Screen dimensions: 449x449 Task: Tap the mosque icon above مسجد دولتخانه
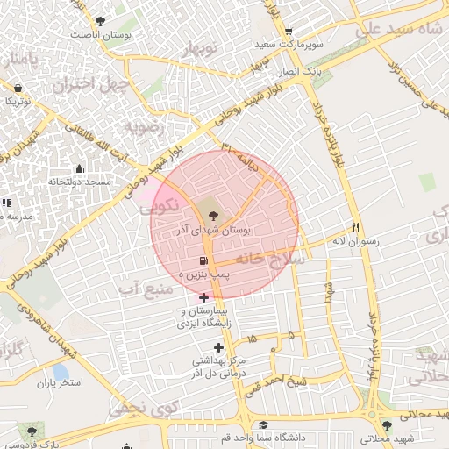(80, 169)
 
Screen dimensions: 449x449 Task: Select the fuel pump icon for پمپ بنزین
(203, 261)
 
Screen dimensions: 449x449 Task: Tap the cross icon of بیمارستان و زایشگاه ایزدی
(204, 298)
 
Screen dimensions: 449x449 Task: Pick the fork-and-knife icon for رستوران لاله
(355, 226)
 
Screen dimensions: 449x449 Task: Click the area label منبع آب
(146, 289)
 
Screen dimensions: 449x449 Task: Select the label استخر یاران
(59, 383)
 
